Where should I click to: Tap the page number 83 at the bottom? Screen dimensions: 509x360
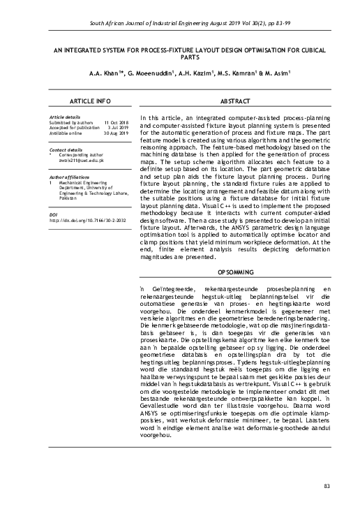pos(328,485)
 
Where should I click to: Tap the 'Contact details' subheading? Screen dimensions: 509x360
pos(63,149)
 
